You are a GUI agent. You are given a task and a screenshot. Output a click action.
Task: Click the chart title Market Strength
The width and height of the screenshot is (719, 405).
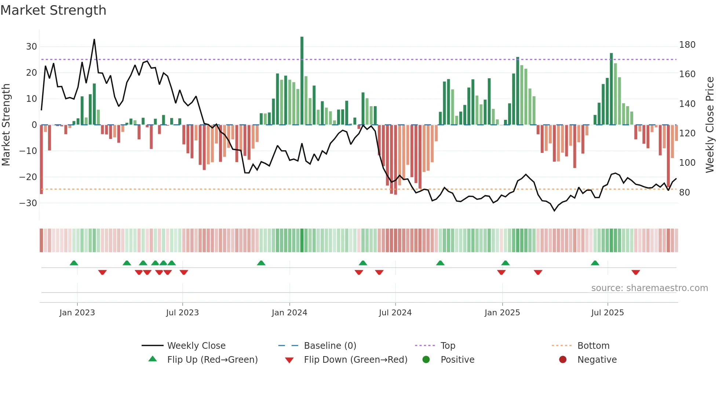[x=53, y=10]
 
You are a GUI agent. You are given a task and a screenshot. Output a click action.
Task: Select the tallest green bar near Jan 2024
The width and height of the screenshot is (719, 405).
[x=302, y=81]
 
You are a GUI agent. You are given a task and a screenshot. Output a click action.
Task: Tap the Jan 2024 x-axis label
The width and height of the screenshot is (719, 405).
[x=289, y=313]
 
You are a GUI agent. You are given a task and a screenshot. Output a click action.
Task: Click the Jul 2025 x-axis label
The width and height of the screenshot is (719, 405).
[x=607, y=313]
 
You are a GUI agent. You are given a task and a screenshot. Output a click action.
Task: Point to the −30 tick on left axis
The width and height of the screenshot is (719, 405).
[x=28, y=203]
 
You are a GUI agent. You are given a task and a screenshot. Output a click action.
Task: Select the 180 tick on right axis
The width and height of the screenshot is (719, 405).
[x=687, y=45]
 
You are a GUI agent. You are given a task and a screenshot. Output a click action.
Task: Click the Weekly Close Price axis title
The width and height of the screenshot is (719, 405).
[x=710, y=125]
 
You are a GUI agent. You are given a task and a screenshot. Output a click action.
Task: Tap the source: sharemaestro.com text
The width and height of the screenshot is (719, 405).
[x=649, y=288]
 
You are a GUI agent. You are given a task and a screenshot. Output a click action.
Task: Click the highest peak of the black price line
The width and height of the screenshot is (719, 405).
[x=94, y=40]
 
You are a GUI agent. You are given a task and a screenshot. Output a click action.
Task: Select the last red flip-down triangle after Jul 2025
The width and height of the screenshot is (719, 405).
[x=636, y=272]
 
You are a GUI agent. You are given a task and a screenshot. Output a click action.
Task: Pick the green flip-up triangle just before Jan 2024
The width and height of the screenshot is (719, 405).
[x=261, y=263]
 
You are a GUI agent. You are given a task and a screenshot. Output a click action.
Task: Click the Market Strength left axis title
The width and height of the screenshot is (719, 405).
[x=6, y=125]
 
